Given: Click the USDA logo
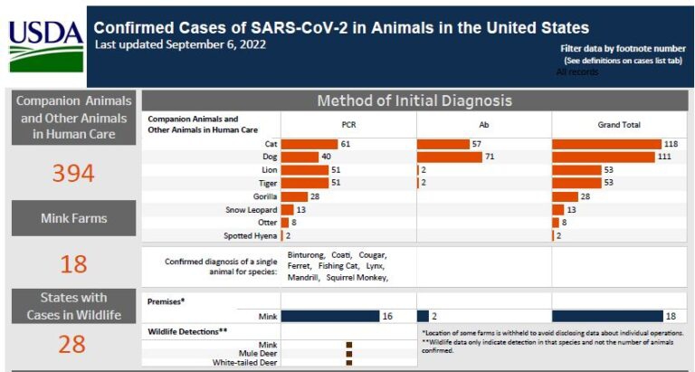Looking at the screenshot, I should tap(45, 43).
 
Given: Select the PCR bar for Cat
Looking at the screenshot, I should tap(309, 144).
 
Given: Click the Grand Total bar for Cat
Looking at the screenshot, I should tap(606, 144).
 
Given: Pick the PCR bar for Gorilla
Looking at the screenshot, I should tap(294, 196).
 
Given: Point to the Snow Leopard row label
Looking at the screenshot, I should tap(252, 209).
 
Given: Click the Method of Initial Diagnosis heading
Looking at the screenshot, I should tap(414, 100).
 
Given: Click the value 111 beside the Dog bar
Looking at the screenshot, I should tap(668, 157).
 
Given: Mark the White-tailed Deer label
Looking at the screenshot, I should tap(245, 362).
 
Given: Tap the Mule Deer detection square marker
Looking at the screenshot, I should tap(348, 353).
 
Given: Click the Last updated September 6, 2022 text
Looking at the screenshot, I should tap(180, 44).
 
